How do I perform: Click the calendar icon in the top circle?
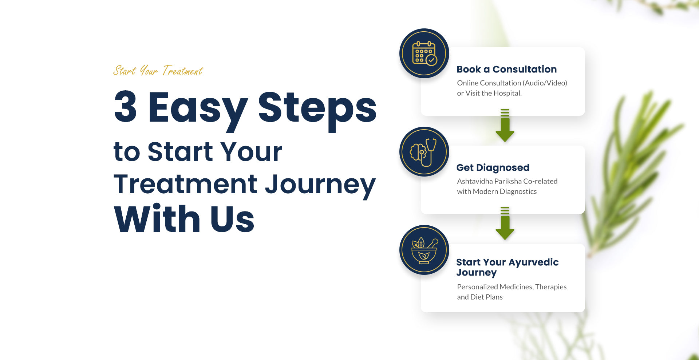(x=424, y=53)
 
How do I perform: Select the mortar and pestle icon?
(x=424, y=250)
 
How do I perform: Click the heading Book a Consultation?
(x=506, y=69)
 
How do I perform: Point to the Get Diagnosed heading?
(x=493, y=167)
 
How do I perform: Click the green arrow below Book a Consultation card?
(x=505, y=126)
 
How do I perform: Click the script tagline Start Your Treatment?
(x=158, y=71)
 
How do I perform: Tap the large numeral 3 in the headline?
(x=126, y=107)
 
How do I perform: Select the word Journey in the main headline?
(x=320, y=185)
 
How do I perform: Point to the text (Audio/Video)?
(x=545, y=83)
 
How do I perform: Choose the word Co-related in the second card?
(x=540, y=181)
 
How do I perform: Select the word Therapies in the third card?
(x=550, y=287)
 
